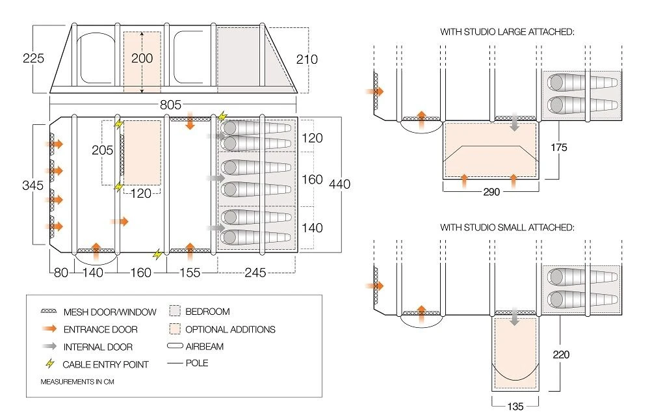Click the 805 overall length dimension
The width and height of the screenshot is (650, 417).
point(172,105)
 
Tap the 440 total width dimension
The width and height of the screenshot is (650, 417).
point(339,184)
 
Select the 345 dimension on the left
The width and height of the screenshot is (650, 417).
point(34,184)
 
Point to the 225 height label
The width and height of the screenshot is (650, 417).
point(32,59)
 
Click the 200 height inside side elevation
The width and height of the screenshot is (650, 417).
point(142,59)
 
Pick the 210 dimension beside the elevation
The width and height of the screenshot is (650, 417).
point(306,59)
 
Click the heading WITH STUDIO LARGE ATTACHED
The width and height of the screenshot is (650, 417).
point(507,31)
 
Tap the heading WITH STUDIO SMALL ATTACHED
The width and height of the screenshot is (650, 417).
point(507,228)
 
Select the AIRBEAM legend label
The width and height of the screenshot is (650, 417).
point(204,347)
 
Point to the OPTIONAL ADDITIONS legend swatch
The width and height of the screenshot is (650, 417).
point(174,329)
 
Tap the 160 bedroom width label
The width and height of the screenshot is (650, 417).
point(313,179)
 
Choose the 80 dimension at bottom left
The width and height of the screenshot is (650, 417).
point(61,273)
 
